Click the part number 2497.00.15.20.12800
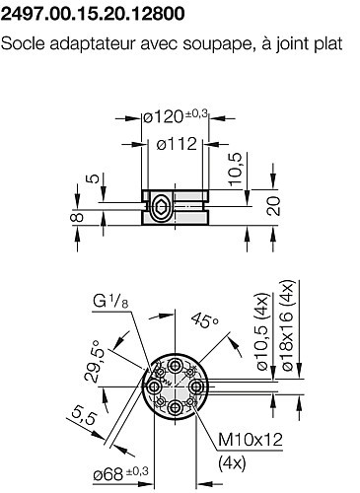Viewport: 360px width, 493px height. (93, 14)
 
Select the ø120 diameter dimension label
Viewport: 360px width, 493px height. (176, 116)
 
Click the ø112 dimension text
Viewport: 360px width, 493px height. (177, 144)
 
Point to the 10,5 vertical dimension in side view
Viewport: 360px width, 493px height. (235, 169)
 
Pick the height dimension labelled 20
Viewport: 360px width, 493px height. (273, 206)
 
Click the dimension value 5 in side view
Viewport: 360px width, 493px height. (93, 178)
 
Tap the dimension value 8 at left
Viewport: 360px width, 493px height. (78, 217)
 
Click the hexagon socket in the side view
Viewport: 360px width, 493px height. (161, 208)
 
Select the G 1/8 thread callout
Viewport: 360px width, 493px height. (110, 302)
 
